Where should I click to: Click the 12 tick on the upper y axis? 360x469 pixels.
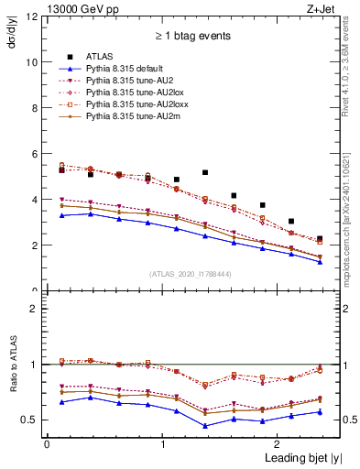[35, 16]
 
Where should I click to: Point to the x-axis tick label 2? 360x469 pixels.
[279, 443]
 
